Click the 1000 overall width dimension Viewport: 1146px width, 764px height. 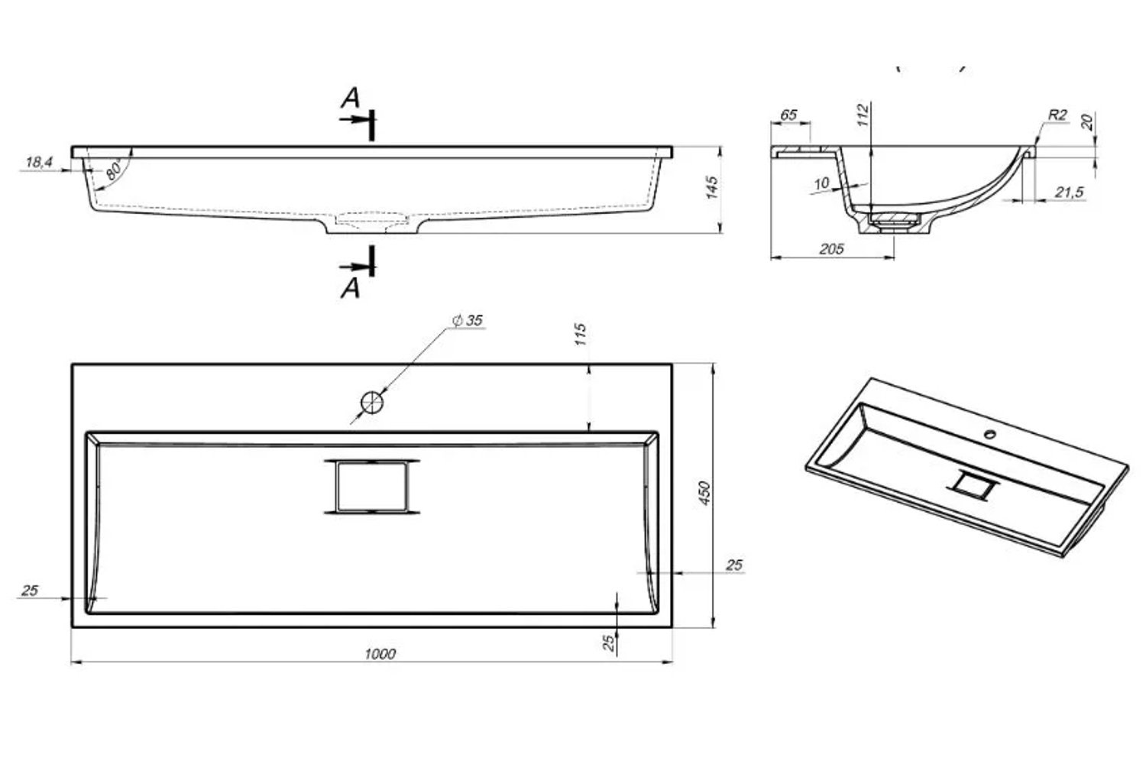point(380,654)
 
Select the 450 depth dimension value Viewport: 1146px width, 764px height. point(704,493)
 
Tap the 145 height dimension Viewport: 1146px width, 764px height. point(711,187)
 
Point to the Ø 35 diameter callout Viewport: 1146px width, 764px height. point(468,320)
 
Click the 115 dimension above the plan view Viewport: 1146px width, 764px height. point(580,334)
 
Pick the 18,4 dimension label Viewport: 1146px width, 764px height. point(39,162)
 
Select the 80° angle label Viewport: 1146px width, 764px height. point(114,170)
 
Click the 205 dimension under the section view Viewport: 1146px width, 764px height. point(831,249)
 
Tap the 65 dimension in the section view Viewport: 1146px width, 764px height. point(788,115)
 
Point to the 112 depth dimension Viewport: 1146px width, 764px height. point(863,115)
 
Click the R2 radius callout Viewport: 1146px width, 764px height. point(1057,115)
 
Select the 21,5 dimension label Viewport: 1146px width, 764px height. point(1069,193)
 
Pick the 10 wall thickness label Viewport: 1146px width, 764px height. point(821,183)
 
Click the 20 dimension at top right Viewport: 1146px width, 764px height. point(1087,121)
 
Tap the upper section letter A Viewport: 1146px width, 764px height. point(351,98)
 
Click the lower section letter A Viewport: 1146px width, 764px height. point(351,289)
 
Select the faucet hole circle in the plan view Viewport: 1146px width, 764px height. point(372,403)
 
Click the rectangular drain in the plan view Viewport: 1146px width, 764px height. point(372,487)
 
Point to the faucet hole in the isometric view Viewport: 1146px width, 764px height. point(990,435)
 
